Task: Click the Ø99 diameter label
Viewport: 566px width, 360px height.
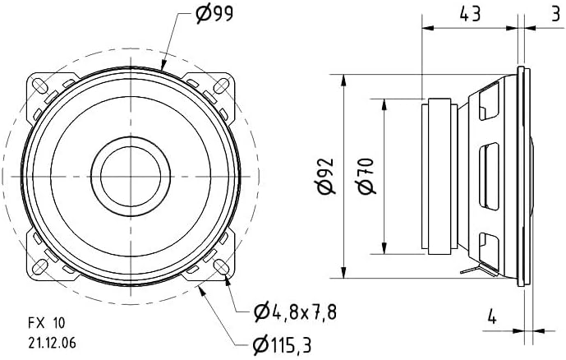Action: pos(214,15)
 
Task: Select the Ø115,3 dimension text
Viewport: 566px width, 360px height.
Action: pos(282,345)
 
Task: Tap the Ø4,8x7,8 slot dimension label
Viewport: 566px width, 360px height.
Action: pos(295,312)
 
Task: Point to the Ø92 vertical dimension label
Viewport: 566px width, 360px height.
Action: pos(327,177)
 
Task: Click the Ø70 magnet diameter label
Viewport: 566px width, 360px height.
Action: pos(366,176)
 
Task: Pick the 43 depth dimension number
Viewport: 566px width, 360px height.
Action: pos(470,15)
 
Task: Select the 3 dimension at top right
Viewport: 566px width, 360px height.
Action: pos(555,15)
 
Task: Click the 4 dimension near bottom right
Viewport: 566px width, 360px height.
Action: pos(491,317)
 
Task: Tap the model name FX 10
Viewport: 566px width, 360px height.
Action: pos(47,323)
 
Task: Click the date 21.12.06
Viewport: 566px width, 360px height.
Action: pos(52,343)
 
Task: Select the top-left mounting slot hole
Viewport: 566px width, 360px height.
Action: pos(39,86)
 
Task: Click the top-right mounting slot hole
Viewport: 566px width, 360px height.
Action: pos(221,86)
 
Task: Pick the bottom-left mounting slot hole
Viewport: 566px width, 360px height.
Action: pos(39,267)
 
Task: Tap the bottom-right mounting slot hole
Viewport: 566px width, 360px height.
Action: pos(221,267)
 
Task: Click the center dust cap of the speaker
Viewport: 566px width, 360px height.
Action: pos(131,176)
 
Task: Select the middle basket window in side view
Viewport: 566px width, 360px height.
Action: pos(489,176)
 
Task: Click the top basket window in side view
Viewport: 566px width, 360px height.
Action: pos(489,101)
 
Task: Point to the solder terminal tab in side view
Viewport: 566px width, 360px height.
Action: pos(473,270)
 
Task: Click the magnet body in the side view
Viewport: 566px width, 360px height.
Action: pos(439,176)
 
